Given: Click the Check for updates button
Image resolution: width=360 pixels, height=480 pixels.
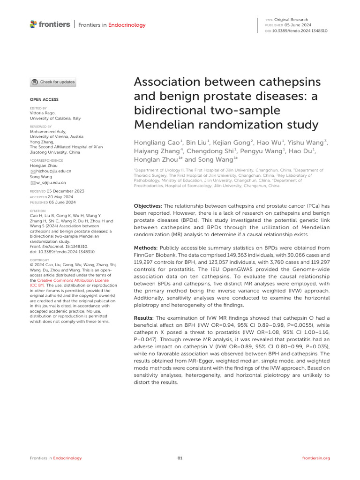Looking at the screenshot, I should (52, 82).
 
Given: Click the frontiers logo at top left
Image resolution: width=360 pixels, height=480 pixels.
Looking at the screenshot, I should (50, 24).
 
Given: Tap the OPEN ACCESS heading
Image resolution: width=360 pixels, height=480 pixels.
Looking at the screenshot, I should (44, 100).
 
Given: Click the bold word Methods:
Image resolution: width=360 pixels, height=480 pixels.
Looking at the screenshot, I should (146, 247).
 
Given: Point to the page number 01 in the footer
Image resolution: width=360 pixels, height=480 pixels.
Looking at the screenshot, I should (180, 458).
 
